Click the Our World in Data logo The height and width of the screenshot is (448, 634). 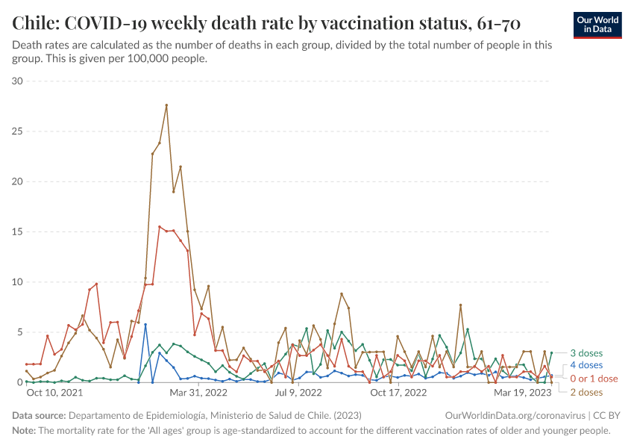[x=598, y=25]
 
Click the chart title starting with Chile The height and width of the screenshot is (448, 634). [x=266, y=24]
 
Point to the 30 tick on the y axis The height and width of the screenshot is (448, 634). [x=17, y=81]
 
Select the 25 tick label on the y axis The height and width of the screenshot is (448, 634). [x=17, y=131]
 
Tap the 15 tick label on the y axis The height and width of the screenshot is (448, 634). [x=17, y=231]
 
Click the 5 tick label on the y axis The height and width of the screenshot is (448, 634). [x=20, y=332]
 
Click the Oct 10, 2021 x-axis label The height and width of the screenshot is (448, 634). [x=54, y=392]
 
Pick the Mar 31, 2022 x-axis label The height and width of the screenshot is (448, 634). [x=198, y=392]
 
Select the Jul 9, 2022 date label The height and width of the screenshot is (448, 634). [x=298, y=392]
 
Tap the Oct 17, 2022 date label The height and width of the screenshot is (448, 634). [x=398, y=392]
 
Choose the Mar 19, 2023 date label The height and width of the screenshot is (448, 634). [x=523, y=392]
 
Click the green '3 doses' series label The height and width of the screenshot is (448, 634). [x=586, y=353]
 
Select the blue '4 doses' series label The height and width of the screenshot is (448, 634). [x=586, y=366]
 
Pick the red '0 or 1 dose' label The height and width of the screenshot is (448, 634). [x=594, y=379]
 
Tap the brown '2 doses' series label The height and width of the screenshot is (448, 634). [x=586, y=392]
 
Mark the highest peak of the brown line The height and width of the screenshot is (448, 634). [x=166, y=105]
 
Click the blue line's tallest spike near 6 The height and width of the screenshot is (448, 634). [x=145, y=325]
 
